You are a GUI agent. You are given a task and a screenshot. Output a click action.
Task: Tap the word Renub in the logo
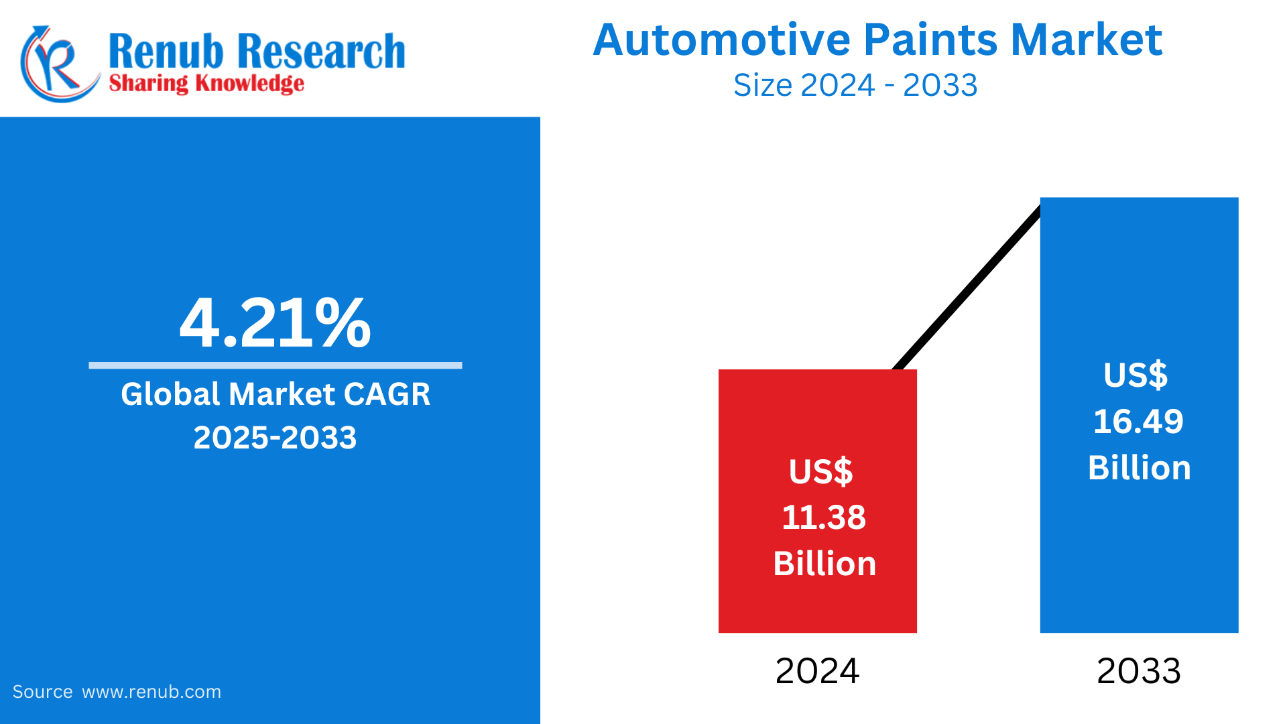pyautogui.click(x=165, y=52)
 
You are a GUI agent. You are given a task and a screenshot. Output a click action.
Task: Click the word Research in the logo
pyautogui.click(x=322, y=52)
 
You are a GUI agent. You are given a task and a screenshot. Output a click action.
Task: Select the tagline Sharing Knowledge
pyautogui.click(x=206, y=84)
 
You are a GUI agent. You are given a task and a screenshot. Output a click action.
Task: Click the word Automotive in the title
pyautogui.click(x=723, y=40)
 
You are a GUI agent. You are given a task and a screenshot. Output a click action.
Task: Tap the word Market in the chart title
pyautogui.click(x=1086, y=40)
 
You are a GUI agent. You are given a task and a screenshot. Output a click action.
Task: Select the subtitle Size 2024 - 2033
pyautogui.click(x=855, y=86)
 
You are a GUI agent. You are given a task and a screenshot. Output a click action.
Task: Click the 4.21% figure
pyautogui.click(x=275, y=323)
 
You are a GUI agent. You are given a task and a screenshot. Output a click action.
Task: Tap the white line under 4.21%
pyautogui.click(x=275, y=365)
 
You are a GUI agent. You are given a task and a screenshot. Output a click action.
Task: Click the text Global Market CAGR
pyautogui.click(x=275, y=394)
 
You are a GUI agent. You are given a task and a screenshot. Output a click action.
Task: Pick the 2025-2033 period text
pyautogui.click(x=275, y=438)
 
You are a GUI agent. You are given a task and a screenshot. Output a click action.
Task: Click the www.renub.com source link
pyautogui.click(x=151, y=692)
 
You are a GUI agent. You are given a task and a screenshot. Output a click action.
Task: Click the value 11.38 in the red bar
pyautogui.click(x=824, y=518)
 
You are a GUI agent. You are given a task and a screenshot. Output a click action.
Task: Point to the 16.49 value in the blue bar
pyautogui.click(x=1138, y=422)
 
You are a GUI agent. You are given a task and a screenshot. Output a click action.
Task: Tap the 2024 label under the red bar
pyautogui.click(x=817, y=671)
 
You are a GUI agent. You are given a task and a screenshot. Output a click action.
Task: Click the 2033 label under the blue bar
pyautogui.click(x=1138, y=671)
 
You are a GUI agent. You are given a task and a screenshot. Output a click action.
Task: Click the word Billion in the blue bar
pyautogui.click(x=1139, y=468)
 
